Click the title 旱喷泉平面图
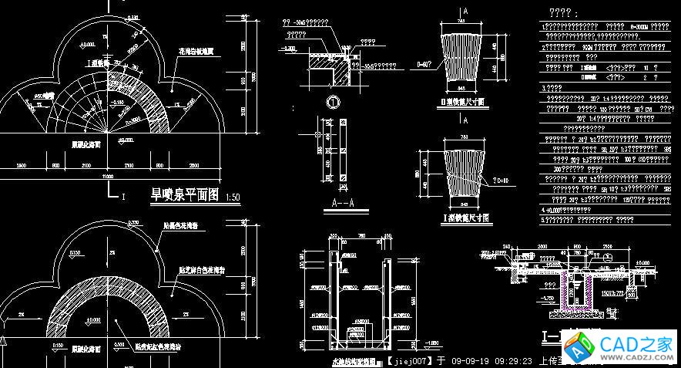(186, 195)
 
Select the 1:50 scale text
(233, 198)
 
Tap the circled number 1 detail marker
(333, 102)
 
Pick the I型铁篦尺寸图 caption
(461, 218)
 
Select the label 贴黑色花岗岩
(182, 227)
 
